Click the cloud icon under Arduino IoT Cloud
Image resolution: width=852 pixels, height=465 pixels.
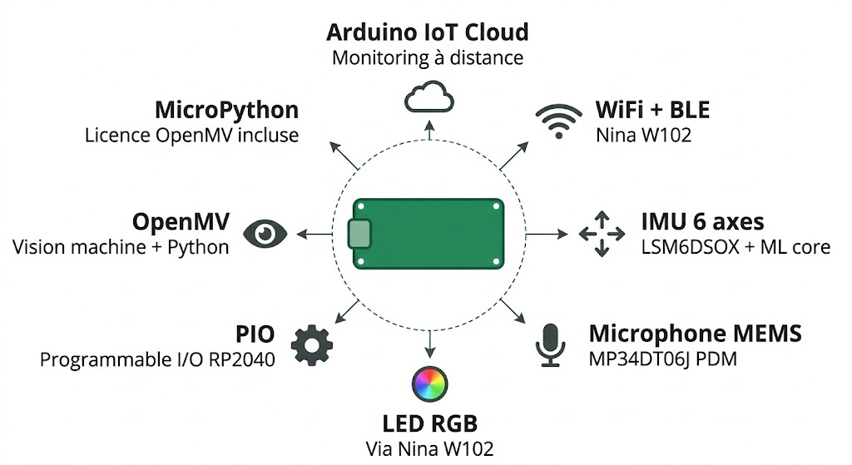[428, 97]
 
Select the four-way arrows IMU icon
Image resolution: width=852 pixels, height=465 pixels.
[602, 234]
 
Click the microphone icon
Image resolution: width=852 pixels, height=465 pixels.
[549, 344]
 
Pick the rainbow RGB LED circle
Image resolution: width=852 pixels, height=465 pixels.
[429, 383]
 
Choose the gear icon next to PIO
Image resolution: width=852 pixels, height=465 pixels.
[312, 344]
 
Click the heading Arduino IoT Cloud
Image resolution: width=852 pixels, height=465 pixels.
[427, 32]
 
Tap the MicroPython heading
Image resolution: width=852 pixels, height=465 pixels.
[226, 110]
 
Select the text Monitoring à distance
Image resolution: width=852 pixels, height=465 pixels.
[427, 57]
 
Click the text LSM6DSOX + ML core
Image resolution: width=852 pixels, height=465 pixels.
[736, 247]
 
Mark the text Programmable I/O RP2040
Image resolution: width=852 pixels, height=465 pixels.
[157, 359]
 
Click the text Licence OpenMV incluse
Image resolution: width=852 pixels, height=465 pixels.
[191, 135]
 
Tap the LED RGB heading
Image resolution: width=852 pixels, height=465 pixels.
[429, 423]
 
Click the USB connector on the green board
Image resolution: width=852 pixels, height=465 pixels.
[359, 235]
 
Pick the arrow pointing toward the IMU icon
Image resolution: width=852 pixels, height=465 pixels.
[546, 235]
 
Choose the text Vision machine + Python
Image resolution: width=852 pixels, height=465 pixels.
[121, 247]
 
